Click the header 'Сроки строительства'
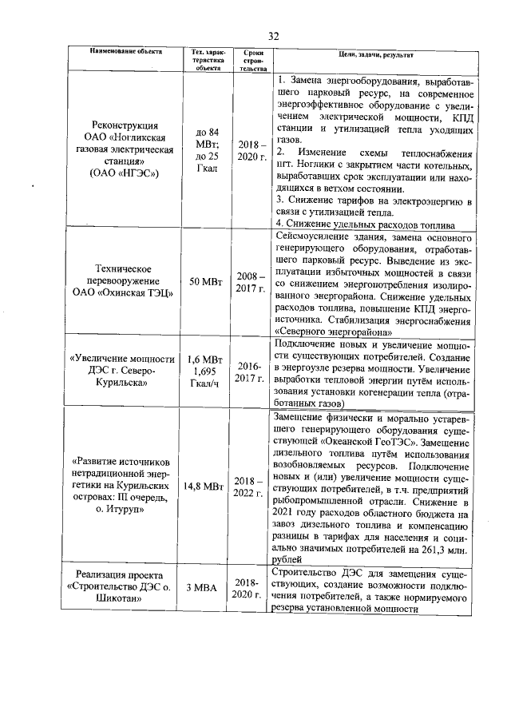[x=252, y=60]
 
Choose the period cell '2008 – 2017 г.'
[x=252, y=281]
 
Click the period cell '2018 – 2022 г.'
[x=252, y=485]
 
